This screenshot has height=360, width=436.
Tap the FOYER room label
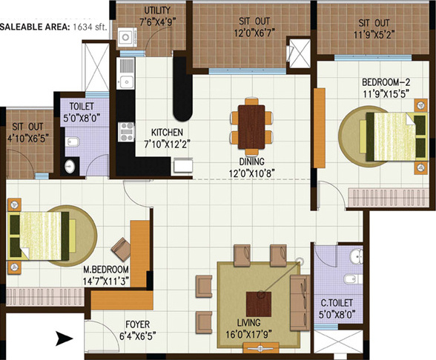point(133,324)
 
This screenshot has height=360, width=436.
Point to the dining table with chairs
point(250,122)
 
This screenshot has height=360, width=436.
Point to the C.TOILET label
point(335,302)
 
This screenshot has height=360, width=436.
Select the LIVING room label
point(249,322)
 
